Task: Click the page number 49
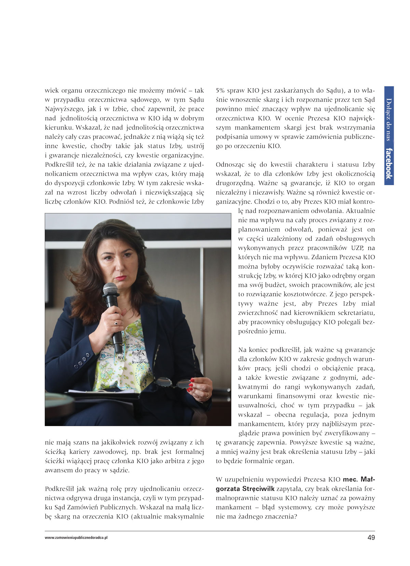click(x=371, y=537)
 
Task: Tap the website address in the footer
click(x=76, y=538)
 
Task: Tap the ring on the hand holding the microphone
click(x=117, y=323)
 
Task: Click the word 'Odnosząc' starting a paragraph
click(x=229, y=164)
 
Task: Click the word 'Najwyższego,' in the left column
click(x=65, y=109)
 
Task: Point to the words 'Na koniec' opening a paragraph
click(x=253, y=350)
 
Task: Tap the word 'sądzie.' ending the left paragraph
click(x=120, y=470)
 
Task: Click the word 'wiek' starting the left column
click(x=52, y=91)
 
